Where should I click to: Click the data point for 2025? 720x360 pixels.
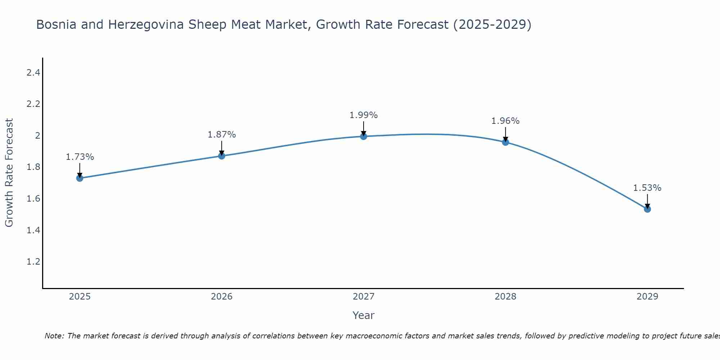(80, 178)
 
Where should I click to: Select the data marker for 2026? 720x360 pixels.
(222, 156)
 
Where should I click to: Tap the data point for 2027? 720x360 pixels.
(364, 136)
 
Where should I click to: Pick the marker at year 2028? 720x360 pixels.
(505, 142)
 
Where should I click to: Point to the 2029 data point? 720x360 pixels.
(647, 209)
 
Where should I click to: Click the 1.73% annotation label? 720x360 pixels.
(80, 157)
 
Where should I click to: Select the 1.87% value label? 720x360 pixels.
(222, 135)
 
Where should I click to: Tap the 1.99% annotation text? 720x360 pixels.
(364, 115)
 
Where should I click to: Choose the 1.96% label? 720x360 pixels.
(505, 121)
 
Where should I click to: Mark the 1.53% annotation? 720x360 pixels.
(647, 188)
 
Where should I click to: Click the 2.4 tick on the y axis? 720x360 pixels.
(33, 73)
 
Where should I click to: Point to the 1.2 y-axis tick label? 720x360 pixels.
(33, 262)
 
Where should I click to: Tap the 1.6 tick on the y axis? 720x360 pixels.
(33, 199)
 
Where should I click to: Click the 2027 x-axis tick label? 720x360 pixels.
(364, 297)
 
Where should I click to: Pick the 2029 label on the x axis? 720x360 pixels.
(647, 297)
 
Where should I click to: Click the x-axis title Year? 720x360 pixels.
(364, 315)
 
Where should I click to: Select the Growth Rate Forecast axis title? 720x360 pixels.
(9, 173)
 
